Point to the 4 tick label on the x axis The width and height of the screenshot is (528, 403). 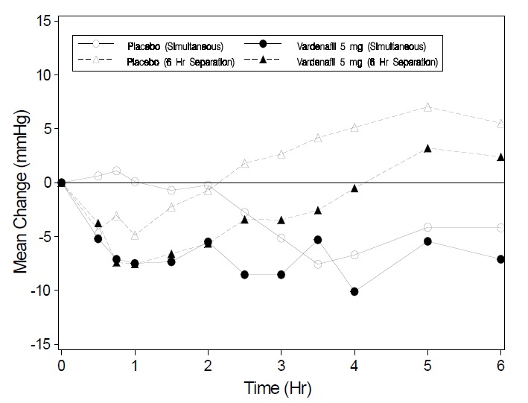354,366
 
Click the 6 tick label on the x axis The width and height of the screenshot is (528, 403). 501,366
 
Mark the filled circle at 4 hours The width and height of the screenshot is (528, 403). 354,291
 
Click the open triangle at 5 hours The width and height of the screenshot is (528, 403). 427,107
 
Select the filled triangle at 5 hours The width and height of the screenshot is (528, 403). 427,149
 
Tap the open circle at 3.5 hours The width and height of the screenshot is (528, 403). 318,264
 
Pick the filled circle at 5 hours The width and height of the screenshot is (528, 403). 427,241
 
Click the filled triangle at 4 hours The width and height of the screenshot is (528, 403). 354,188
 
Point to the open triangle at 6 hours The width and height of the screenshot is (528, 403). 501,124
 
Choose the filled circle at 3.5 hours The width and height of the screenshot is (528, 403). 318,240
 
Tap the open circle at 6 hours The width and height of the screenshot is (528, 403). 501,228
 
